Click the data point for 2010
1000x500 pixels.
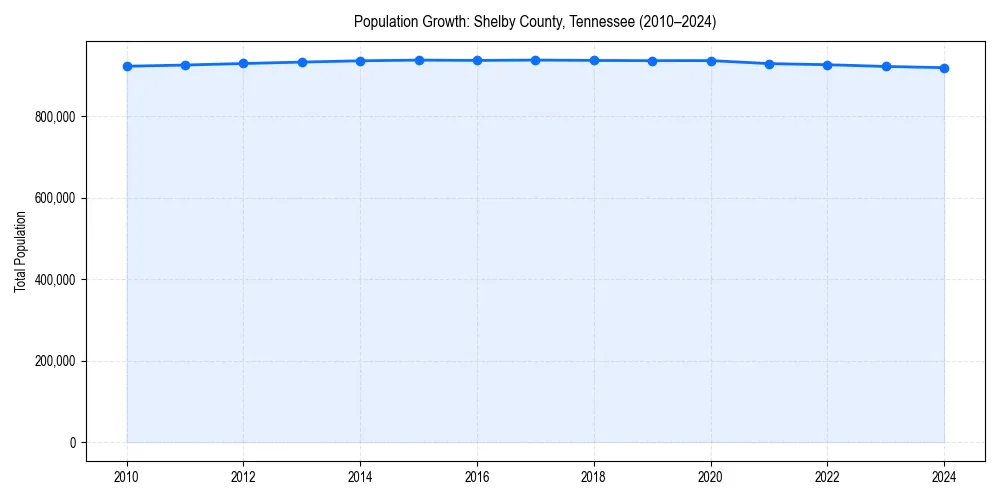127,66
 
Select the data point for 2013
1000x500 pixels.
302,62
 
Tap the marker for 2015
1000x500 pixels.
419,60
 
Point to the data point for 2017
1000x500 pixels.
535,60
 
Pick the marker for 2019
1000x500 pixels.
652,61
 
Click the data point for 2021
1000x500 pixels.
769,64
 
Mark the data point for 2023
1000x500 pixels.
886,66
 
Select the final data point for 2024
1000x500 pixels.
944,68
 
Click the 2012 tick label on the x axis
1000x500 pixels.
243,477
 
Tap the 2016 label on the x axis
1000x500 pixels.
477,477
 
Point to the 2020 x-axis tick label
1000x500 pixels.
711,477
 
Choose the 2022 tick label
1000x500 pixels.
827,477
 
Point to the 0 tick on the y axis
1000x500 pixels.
73,443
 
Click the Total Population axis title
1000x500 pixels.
21,251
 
